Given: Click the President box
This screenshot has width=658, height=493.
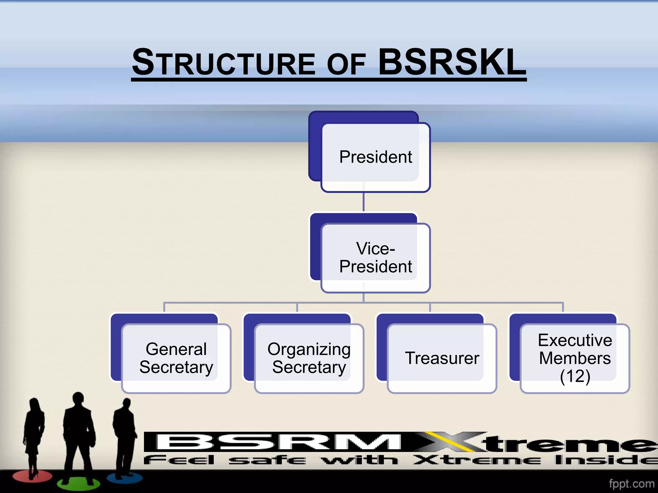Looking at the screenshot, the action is click(369, 152).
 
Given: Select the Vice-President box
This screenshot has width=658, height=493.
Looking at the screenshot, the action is click(370, 253).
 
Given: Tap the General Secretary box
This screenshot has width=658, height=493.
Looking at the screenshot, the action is click(171, 353).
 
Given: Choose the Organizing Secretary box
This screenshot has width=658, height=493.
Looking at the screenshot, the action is click(304, 353).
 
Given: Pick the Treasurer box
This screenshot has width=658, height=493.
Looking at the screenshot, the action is click(437, 353).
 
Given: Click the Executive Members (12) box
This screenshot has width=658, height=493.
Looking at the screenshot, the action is click(570, 353).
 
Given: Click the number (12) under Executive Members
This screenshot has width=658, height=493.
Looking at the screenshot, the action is click(575, 376).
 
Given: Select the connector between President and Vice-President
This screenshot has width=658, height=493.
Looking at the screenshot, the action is click(363, 202).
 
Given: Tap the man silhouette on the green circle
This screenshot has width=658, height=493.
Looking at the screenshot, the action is click(79, 440).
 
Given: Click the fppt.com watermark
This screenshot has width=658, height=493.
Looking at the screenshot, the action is click(632, 483).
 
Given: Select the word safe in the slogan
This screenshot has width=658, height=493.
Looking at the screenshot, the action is click(267, 460).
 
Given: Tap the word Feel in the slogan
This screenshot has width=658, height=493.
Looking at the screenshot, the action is click(179, 460).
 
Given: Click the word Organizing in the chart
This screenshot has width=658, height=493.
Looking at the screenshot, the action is click(309, 350).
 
